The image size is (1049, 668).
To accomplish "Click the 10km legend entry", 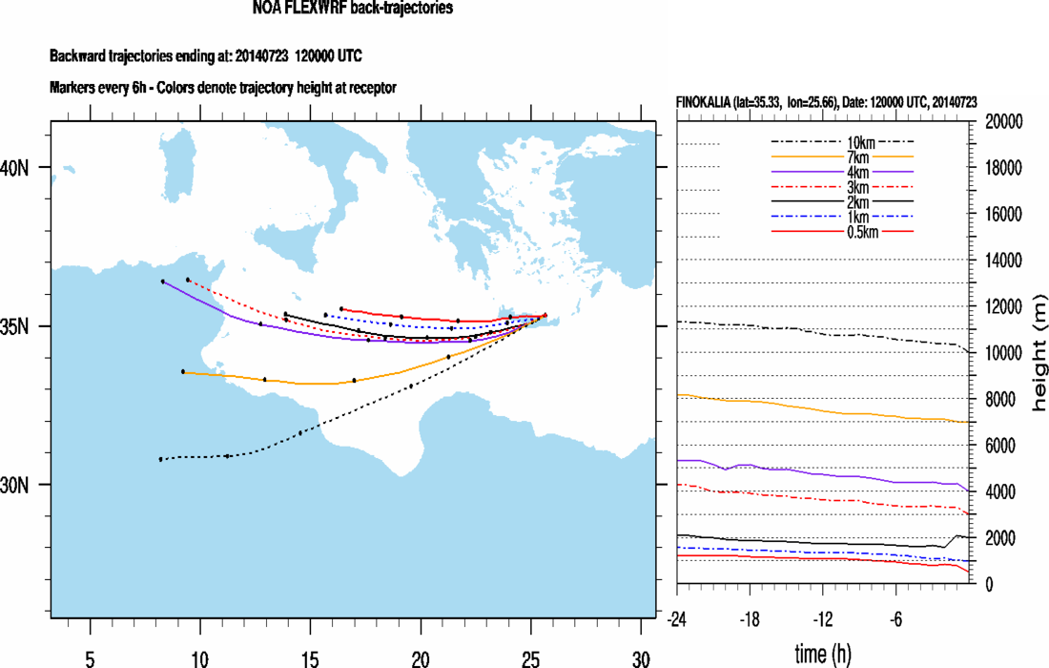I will click(x=842, y=143).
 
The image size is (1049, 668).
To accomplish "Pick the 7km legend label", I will click(x=842, y=156).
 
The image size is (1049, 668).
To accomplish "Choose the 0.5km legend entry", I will click(x=842, y=230).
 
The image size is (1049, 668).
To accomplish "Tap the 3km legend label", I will click(x=842, y=187).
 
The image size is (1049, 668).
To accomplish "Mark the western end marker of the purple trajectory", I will click(x=163, y=282).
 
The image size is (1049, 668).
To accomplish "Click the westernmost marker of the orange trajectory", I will click(x=183, y=371).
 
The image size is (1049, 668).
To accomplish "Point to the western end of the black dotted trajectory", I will click(x=160, y=459).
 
